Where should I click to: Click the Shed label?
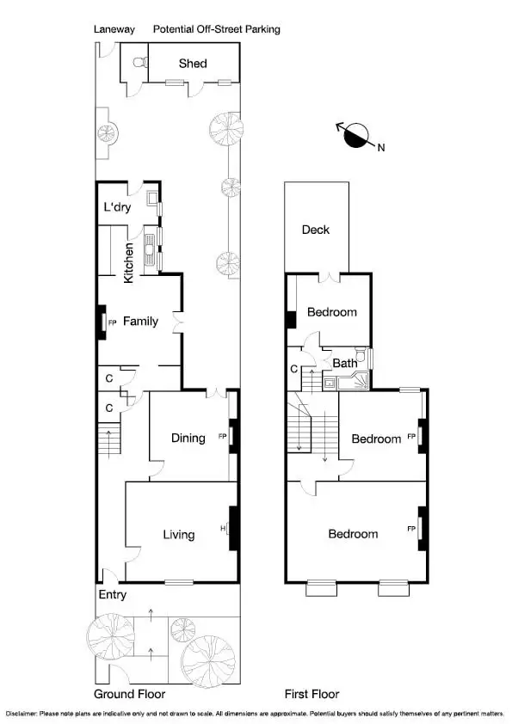tap(193, 64)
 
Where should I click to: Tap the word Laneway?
tap(114, 29)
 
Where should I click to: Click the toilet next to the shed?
tap(139, 63)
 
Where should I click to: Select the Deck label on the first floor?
tap(315, 230)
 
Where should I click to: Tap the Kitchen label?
tap(129, 263)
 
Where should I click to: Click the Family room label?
tap(140, 322)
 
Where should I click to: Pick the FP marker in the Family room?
tap(112, 322)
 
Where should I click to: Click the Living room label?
tap(179, 534)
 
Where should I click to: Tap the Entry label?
tap(113, 594)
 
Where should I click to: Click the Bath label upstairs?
tap(345, 363)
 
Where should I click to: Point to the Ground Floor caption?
tap(129, 694)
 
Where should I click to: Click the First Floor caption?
tap(312, 694)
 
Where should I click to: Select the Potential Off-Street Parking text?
tap(216, 29)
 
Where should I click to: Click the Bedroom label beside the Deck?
tap(332, 312)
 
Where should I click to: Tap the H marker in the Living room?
tap(223, 528)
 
